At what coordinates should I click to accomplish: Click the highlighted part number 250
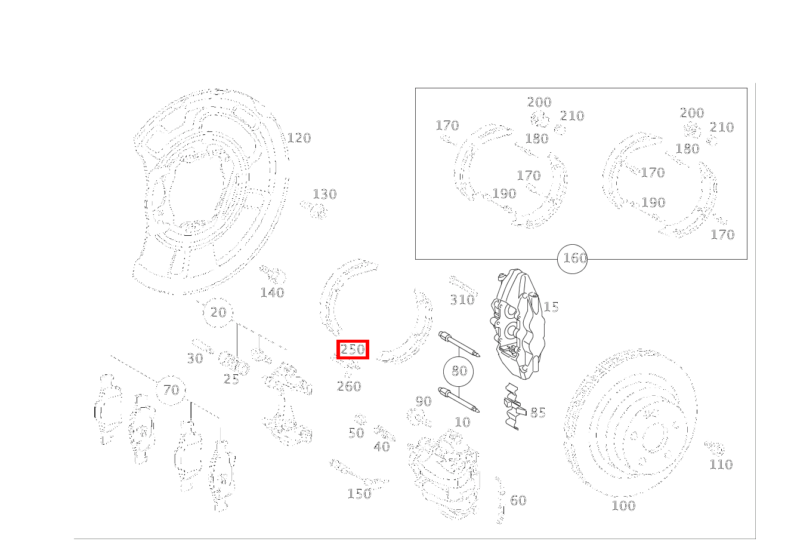coord(353,349)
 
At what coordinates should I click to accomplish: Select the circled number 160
coord(572,259)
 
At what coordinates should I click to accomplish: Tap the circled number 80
coord(458,371)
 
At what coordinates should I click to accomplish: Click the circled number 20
coord(218,312)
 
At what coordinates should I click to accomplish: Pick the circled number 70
coord(171,390)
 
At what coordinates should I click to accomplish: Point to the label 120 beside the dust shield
coord(299,138)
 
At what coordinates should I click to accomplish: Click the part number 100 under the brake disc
coord(623,506)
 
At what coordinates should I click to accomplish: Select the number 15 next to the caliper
coord(551,307)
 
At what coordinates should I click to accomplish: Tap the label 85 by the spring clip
coord(537,413)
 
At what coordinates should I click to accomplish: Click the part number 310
coord(462,300)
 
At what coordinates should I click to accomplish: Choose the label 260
coord(349,386)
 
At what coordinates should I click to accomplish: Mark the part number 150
coord(359,494)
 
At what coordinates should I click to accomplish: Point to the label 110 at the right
coord(721,464)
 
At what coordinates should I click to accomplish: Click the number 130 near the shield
coord(325,194)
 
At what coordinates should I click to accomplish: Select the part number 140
coord(272,293)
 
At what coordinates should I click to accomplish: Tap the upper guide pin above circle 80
coord(459,344)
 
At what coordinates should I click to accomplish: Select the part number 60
coord(518,500)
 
